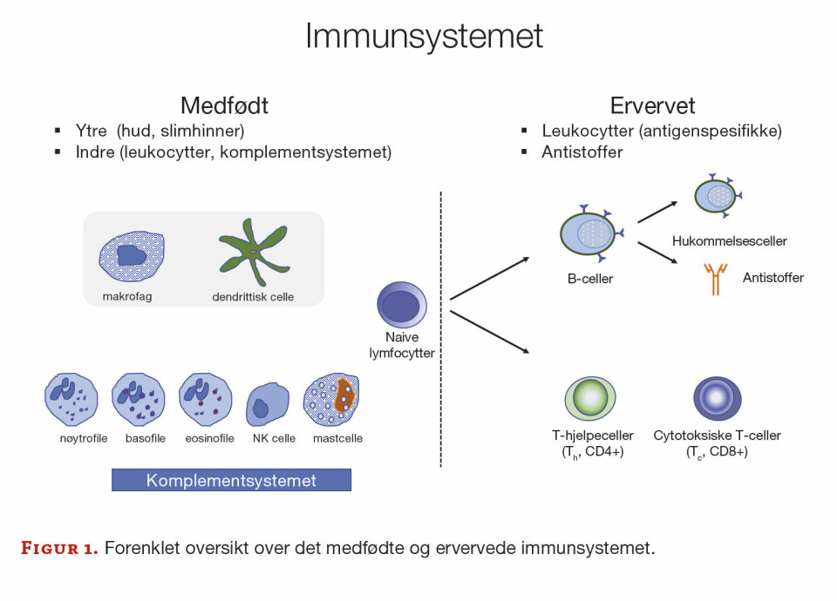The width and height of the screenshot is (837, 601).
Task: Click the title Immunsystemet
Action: tap(424, 37)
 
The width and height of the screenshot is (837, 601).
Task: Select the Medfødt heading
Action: tap(224, 106)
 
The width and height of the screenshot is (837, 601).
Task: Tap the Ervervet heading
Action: tap(652, 106)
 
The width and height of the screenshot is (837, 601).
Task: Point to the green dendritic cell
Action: tap(252, 253)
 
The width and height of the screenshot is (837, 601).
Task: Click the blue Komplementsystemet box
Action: tap(231, 480)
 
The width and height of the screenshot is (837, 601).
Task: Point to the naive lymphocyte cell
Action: tap(402, 307)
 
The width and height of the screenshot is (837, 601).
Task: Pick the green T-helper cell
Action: tap(589, 398)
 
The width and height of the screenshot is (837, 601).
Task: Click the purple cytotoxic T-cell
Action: tap(718, 398)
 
